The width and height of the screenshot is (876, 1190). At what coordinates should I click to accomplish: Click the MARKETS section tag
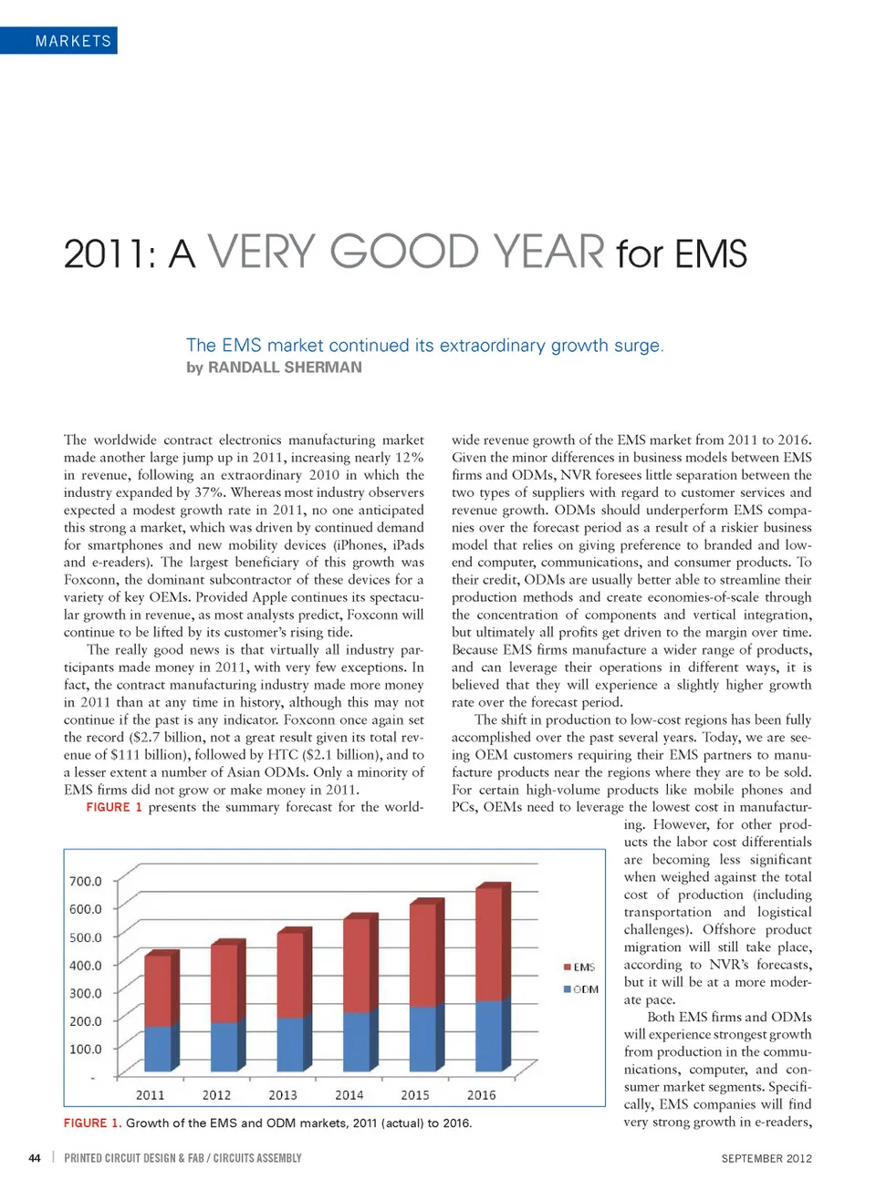[73, 41]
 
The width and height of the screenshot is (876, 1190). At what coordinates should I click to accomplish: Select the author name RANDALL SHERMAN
[285, 367]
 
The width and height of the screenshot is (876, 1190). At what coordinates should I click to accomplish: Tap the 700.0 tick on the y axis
[86, 881]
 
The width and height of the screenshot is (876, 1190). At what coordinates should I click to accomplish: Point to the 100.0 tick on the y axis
[86, 1049]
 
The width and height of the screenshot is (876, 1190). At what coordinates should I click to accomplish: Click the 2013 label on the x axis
[283, 1095]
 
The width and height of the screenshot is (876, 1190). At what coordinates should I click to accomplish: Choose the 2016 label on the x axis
[482, 1095]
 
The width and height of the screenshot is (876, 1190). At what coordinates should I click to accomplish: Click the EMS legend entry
[580, 967]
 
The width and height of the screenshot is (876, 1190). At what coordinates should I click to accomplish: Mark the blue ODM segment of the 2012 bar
[224, 1047]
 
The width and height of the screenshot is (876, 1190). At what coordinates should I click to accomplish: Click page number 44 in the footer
[35, 1158]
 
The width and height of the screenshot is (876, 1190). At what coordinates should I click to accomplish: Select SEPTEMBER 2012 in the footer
[766, 1158]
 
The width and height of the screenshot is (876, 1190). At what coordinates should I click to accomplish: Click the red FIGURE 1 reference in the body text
[114, 807]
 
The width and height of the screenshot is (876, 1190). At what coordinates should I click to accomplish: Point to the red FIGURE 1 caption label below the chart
[92, 1123]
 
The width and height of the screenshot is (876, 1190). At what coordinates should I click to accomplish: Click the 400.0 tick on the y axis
[86, 965]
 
